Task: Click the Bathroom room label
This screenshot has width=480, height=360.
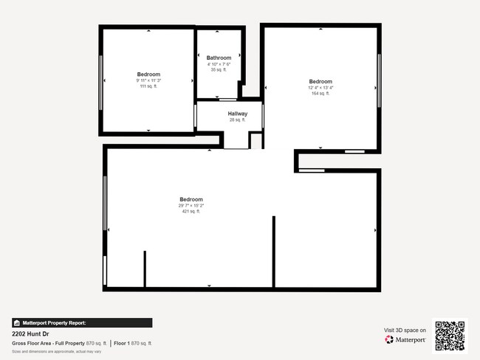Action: point(219,58)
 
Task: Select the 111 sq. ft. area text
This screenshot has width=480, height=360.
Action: point(148,86)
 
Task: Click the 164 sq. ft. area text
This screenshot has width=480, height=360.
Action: point(320,94)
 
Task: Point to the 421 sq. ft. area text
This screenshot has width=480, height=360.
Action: point(191,211)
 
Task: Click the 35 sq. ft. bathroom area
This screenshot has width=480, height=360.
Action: point(219,69)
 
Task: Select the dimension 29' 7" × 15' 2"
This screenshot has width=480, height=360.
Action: point(191,205)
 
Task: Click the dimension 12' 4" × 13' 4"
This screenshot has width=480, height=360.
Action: point(320,88)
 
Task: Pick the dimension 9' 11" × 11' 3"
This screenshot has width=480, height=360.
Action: point(148,80)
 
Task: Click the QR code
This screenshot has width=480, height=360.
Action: point(450,336)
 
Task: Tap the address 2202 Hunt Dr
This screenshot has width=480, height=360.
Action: point(30,333)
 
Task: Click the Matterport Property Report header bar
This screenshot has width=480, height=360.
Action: point(82,322)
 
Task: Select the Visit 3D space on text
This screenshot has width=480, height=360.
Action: point(405,330)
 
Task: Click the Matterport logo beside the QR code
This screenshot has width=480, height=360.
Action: point(405,340)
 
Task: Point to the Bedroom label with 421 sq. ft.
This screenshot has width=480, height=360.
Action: point(191,199)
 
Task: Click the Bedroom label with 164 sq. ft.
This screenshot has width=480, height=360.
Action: point(320,81)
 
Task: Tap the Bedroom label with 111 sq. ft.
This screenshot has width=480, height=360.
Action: point(148,74)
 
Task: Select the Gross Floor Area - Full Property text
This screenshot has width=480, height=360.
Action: point(48,343)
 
